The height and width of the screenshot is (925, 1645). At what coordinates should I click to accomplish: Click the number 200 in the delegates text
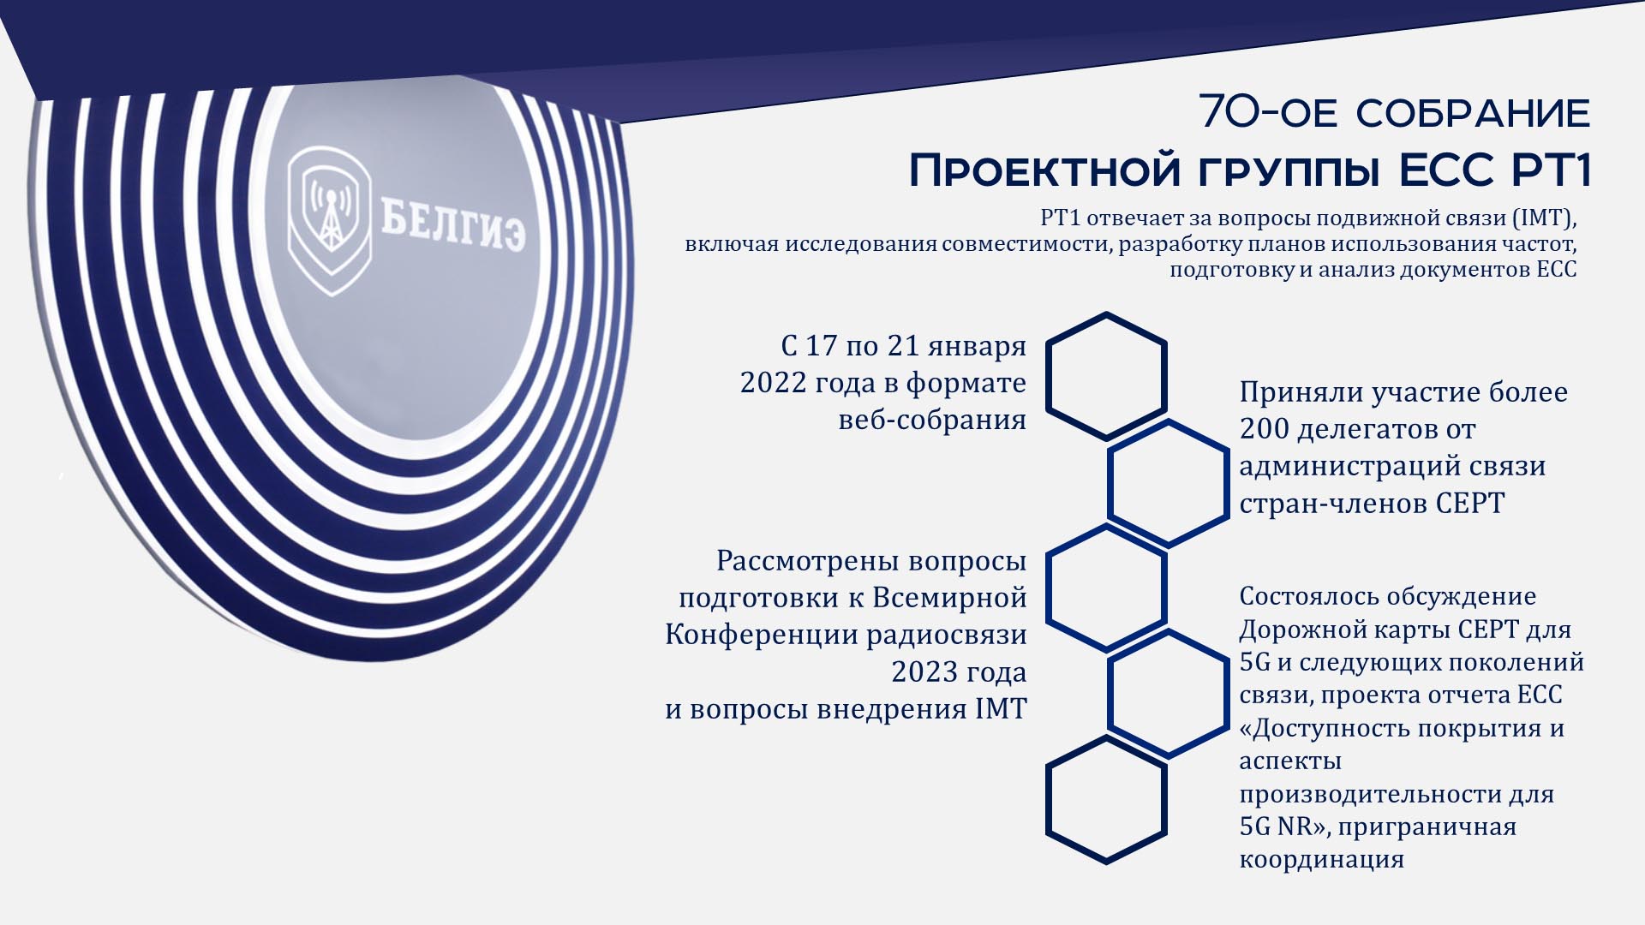click(1264, 429)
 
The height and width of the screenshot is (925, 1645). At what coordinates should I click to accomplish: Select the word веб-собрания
click(932, 420)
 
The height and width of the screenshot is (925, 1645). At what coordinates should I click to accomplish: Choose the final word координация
click(1322, 860)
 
